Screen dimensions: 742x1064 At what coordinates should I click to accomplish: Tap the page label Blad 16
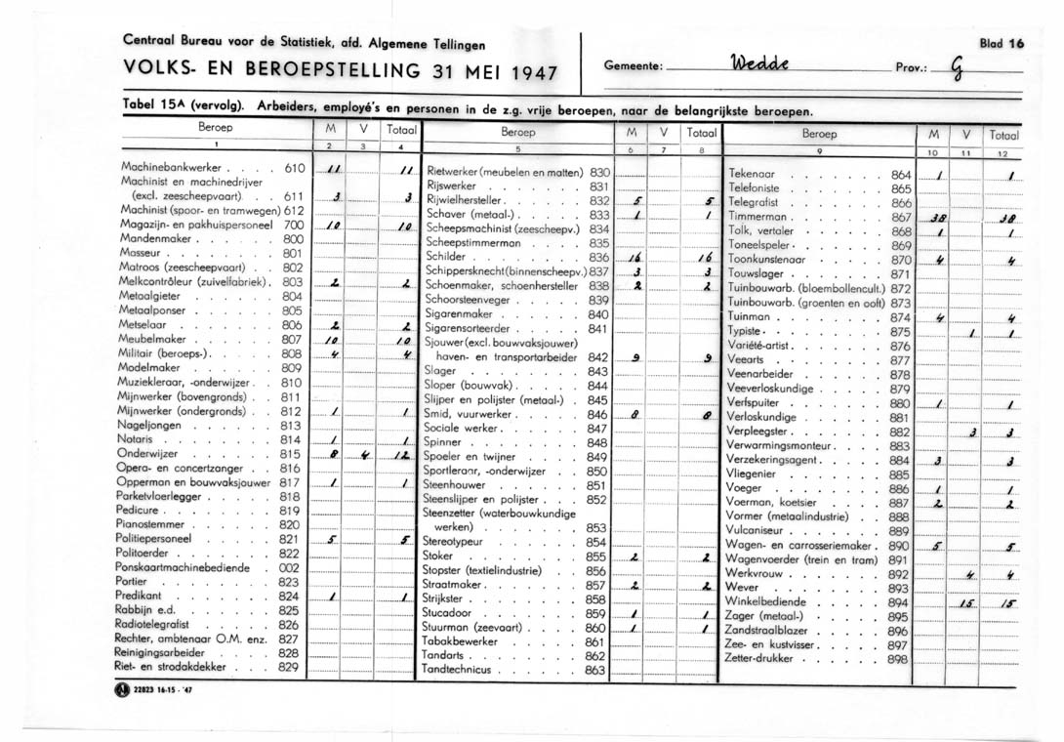1003,43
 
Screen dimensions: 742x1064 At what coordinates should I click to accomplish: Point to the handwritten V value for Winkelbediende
967,603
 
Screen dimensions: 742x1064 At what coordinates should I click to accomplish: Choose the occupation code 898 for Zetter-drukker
899,659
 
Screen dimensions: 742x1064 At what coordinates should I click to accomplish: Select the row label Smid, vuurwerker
468,414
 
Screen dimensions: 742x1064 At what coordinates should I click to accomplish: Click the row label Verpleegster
763,432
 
